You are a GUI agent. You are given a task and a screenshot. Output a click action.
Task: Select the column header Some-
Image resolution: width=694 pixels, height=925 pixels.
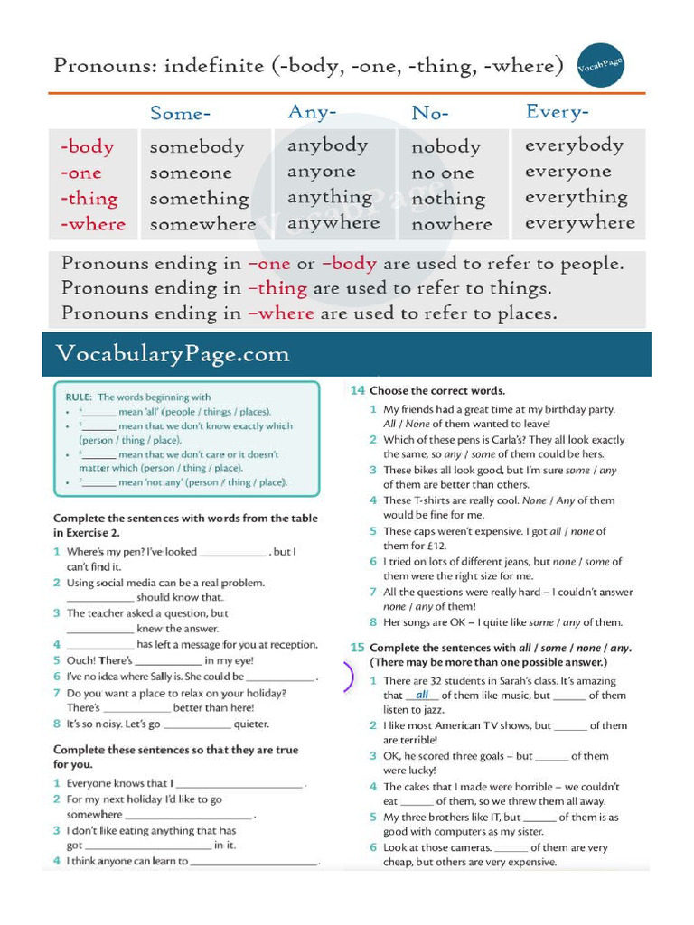tap(180, 114)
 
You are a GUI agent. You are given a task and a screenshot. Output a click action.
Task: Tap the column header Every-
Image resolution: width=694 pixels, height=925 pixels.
tap(558, 112)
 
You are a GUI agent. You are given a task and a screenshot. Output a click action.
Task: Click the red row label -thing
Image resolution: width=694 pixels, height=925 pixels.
tap(89, 199)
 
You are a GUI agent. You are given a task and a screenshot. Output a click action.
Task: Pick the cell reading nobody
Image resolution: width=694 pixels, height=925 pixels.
tap(445, 146)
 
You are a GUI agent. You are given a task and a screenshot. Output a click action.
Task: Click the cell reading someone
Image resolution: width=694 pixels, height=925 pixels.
tap(191, 173)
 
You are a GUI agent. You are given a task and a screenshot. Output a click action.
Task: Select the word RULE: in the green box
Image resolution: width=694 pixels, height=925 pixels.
tap(80, 397)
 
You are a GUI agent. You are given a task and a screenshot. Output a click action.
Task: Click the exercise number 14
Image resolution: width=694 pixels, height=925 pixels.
tap(357, 391)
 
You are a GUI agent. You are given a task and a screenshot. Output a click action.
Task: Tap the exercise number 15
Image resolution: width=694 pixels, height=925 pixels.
tap(357, 648)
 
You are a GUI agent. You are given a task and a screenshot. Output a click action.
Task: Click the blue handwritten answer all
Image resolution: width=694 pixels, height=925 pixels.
tap(422, 696)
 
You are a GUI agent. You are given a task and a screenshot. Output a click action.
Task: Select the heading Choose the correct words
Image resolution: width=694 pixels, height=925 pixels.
tap(437, 391)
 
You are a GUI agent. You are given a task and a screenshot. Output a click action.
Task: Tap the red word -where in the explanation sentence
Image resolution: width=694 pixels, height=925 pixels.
tap(281, 314)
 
